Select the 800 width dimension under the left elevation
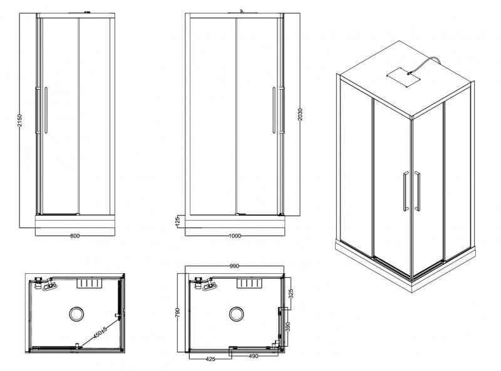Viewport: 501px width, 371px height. (x=75, y=236)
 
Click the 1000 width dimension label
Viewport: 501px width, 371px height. (x=235, y=236)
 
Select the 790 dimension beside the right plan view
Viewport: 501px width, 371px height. (x=178, y=311)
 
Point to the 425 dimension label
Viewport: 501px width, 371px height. (x=211, y=360)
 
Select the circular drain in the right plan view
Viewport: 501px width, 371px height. (x=237, y=313)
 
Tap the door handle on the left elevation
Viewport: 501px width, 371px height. (x=45, y=110)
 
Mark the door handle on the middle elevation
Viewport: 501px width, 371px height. (x=274, y=110)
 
